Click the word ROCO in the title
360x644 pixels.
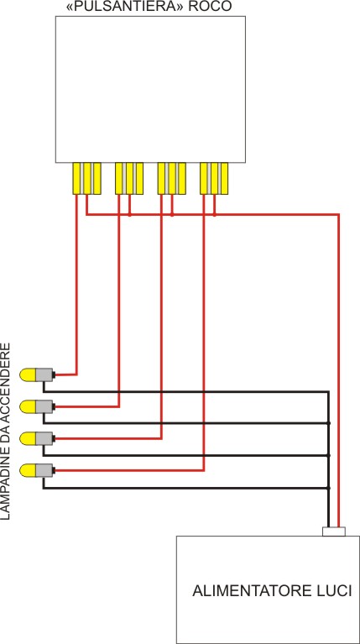click(x=211, y=7)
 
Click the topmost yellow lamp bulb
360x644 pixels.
click(x=28, y=374)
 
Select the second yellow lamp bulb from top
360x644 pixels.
click(x=28, y=406)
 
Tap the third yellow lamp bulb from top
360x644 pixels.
click(x=28, y=438)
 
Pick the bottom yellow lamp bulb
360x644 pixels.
click(x=28, y=470)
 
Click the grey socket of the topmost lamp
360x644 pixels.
click(x=44, y=374)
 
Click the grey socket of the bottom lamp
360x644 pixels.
click(x=44, y=470)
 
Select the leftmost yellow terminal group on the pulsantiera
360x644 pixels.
click(x=86, y=177)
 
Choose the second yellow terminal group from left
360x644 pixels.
click(x=128, y=177)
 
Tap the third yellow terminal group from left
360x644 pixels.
click(x=171, y=177)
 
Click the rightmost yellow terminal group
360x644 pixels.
click(x=213, y=177)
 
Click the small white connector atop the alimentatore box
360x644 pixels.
click(x=334, y=531)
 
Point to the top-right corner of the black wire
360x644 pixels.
click(x=327, y=391)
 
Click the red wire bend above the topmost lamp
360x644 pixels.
click(x=77, y=373)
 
